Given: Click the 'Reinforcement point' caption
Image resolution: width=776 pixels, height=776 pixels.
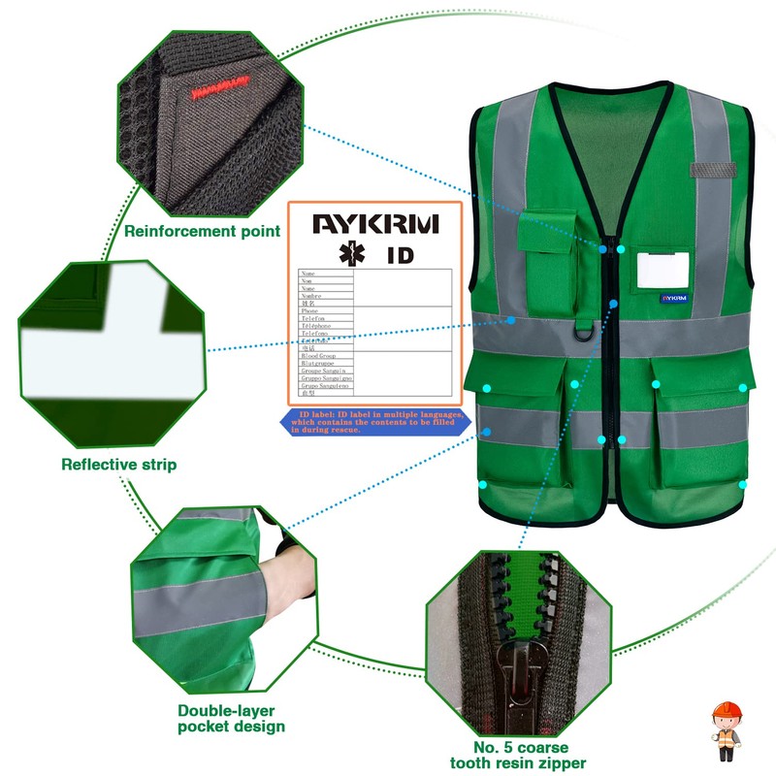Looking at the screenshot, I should pyautogui.click(x=202, y=231).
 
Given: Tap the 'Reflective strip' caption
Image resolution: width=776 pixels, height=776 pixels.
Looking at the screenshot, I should pyautogui.click(x=119, y=465).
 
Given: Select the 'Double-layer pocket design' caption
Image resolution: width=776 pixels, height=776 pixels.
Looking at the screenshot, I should pyautogui.click(x=231, y=718).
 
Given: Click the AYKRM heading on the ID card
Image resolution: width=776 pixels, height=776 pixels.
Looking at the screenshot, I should pyautogui.click(x=375, y=224).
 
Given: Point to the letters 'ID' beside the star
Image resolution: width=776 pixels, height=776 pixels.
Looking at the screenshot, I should pyautogui.click(x=401, y=256).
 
